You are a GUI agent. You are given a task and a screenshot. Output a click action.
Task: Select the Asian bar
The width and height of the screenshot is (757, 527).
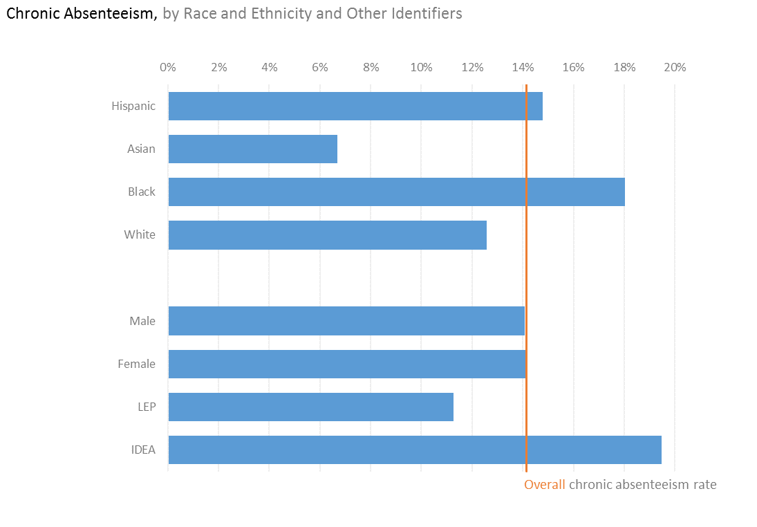(x=252, y=149)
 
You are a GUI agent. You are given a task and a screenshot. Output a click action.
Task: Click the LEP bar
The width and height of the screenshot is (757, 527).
(x=310, y=407)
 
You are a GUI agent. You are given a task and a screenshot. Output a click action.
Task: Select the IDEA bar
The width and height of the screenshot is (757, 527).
(x=415, y=450)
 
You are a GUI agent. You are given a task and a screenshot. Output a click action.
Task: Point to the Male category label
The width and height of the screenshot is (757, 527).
(x=142, y=321)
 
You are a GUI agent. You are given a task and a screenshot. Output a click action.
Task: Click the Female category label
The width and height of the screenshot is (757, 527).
(x=137, y=364)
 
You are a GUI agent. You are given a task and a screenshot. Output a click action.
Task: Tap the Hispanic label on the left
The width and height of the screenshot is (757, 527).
(x=133, y=106)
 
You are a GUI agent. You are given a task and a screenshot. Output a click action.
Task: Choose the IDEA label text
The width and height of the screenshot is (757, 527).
(x=143, y=450)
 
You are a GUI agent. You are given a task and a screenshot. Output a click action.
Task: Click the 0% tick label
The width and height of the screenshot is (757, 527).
(x=168, y=67)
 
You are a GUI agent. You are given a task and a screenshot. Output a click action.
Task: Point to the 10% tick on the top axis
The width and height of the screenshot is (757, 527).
(x=421, y=67)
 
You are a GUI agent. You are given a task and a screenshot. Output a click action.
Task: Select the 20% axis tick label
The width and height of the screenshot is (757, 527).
(x=675, y=67)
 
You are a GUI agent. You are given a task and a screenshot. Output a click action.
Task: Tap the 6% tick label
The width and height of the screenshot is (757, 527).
(x=320, y=67)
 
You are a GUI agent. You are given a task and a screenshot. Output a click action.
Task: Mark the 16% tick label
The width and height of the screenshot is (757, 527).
(x=573, y=67)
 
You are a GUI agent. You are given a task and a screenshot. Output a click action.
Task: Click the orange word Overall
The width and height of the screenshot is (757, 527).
(x=545, y=484)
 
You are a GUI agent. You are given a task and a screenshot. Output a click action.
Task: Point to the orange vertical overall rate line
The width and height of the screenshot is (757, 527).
(x=527, y=277)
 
